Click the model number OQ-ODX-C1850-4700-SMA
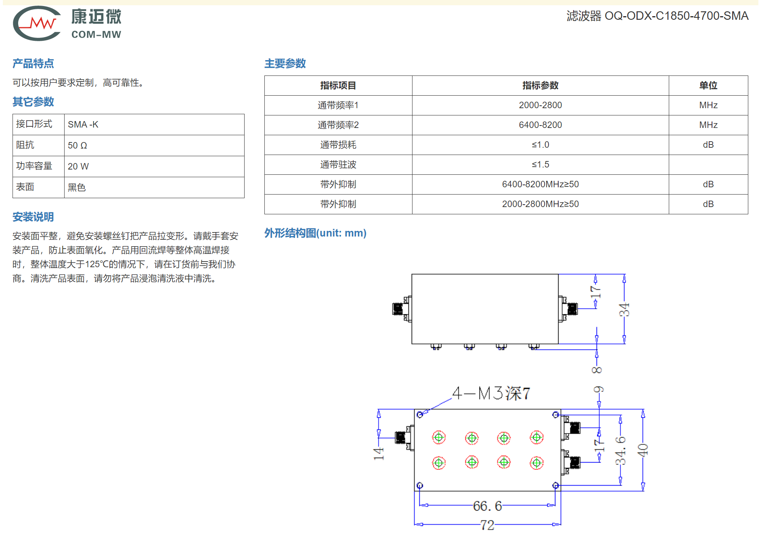676,16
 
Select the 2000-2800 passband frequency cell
540,105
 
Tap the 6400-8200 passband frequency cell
540,125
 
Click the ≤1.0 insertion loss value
540,145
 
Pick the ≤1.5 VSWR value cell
540,165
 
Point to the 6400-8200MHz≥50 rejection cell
540,184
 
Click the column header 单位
708,86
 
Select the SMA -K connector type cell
154,124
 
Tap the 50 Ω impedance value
77,145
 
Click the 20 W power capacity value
78,166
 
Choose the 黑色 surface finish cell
154,187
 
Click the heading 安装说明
33,217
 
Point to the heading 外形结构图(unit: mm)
315,233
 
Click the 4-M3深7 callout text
491,393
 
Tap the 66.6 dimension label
487,506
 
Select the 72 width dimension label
487,525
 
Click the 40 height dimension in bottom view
643,450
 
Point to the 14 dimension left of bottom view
378,454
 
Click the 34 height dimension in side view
624,310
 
